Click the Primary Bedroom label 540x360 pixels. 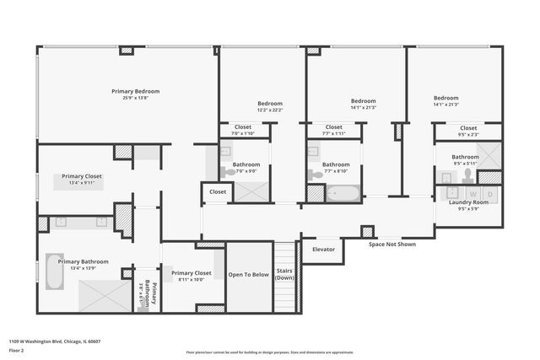tap(135, 91)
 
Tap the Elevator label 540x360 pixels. tap(323, 250)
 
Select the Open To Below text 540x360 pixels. tap(249, 274)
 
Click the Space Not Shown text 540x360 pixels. tap(393, 244)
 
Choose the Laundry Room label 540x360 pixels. tap(467, 202)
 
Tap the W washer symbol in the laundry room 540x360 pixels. tap(473, 193)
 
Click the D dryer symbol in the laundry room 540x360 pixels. tap(491, 193)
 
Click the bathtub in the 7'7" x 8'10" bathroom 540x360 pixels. tap(343, 193)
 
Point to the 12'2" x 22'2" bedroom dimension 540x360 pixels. tap(270, 110)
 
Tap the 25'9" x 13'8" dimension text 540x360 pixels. tap(135, 98)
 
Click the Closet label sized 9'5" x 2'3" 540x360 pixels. tap(467, 128)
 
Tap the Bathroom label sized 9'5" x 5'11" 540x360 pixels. tap(465, 157)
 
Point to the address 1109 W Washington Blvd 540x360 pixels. tap(55, 341)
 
